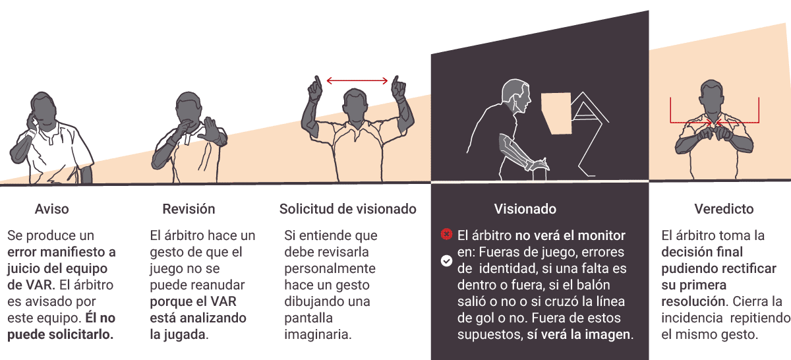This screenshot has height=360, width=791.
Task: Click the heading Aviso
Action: [51, 209]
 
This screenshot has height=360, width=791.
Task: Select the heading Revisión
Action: [189, 209]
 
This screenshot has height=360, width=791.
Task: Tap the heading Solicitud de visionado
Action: [348, 209]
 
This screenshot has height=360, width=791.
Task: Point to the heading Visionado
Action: [525, 209]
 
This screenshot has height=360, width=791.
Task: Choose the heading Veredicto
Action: [724, 209]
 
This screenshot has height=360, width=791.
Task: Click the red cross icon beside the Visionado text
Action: [446, 234]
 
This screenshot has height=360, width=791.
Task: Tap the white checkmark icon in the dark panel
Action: [446, 261]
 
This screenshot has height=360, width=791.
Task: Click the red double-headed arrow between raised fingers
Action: [357, 81]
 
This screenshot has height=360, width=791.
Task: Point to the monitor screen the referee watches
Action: [557, 113]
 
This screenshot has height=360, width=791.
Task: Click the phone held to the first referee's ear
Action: [31, 122]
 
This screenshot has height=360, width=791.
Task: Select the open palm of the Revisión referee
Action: [212, 130]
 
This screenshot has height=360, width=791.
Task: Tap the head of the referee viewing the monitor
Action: [516, 96]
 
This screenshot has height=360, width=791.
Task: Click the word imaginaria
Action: [318, 334]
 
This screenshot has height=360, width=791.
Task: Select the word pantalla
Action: [308, 318]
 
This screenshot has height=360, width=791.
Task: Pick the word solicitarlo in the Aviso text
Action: [80, 334]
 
